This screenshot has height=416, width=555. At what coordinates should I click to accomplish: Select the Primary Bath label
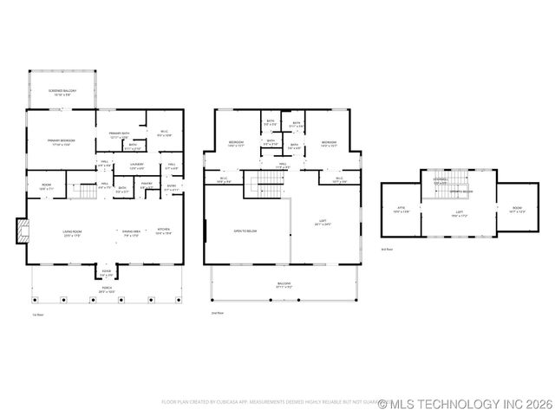(x=119, y=134)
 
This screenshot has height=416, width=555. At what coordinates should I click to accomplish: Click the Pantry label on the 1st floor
(x=147, y=185)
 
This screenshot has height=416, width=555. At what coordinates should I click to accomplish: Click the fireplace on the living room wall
(x=23, y=229)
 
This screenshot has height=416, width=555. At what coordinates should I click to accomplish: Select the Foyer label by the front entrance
(x=106, y=272)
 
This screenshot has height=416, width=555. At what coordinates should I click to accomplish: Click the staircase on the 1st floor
(x=83, y=190)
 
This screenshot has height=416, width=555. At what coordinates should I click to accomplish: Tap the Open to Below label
(x=245, y=231)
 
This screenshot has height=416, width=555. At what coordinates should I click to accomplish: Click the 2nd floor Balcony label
(x=284, y=283)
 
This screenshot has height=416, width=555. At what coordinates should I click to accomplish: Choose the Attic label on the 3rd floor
(x=401, y=209)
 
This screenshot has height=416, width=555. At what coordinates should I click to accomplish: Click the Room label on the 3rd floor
(x=517, y=209)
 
